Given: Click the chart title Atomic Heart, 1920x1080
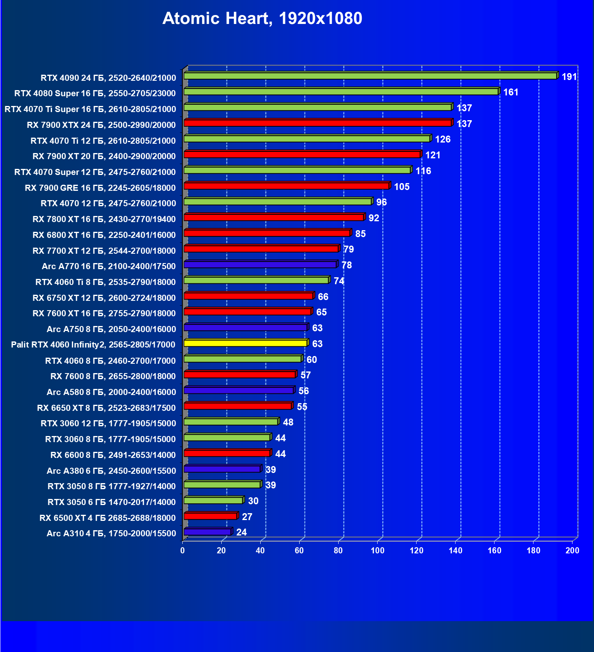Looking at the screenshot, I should tap(262, 18).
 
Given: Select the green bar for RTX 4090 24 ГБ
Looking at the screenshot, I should tap(370, 76).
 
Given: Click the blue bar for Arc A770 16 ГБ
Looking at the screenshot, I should tap(260, 265).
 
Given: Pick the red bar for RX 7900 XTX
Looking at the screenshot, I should tap(318, 123).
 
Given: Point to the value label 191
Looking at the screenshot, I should tap(569, 77).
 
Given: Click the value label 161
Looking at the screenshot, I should tap(511, 92).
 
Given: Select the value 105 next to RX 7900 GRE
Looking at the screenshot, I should tap(402, 187).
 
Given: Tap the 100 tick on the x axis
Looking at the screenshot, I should tap(377, 551).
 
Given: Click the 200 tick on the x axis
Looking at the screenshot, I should tap(572, 551).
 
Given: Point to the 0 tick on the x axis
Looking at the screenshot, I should tap(182, 551).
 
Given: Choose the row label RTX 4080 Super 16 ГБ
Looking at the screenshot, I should tap(95, 93).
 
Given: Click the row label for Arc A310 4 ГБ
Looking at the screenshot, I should tap(111, 533).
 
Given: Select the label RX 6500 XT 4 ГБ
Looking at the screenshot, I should tap(108, 518).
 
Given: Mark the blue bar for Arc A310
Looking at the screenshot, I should tap(207, 532).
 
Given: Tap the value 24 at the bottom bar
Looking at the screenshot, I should tap(242, 532).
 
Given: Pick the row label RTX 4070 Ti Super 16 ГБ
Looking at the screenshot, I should tap(90, 109).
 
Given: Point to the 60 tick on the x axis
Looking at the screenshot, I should tap(299, 551).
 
